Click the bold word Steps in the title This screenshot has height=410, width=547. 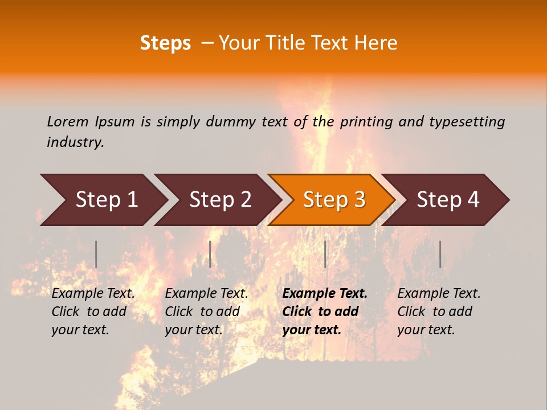(165, 43)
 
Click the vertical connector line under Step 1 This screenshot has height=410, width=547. (96, 254)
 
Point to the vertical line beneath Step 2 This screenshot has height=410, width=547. (210, 254)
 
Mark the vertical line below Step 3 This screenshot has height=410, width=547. (325, 254)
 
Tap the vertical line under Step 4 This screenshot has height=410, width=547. (440, 254)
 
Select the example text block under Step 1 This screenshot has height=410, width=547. (93, 311)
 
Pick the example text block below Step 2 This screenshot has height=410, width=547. (206, 311)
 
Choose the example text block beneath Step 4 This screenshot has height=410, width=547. (439, 311)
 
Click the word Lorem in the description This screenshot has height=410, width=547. (68, 121)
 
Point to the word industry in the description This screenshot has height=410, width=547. (75, 142)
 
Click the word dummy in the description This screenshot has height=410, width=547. (230, 121)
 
